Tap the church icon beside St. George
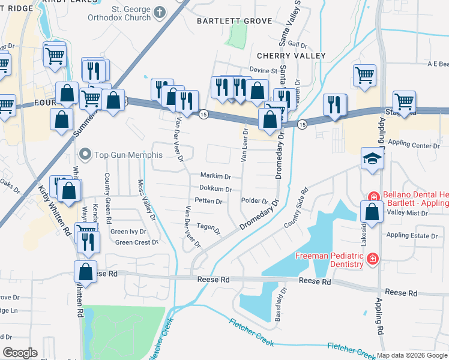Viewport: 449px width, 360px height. [159, 12]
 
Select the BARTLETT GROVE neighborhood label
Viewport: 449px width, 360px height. [235, 21]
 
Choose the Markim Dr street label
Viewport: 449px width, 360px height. [215, 176]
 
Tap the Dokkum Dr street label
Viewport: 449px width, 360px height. [215, 189]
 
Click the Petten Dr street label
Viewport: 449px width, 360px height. [209, 201]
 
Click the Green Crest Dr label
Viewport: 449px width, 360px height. [136, 242]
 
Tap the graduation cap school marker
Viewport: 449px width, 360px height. [372, 160]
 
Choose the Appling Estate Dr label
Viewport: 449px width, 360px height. [412, 236]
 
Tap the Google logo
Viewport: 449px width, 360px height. [20, 353]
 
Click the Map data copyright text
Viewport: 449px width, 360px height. [412, 355]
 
